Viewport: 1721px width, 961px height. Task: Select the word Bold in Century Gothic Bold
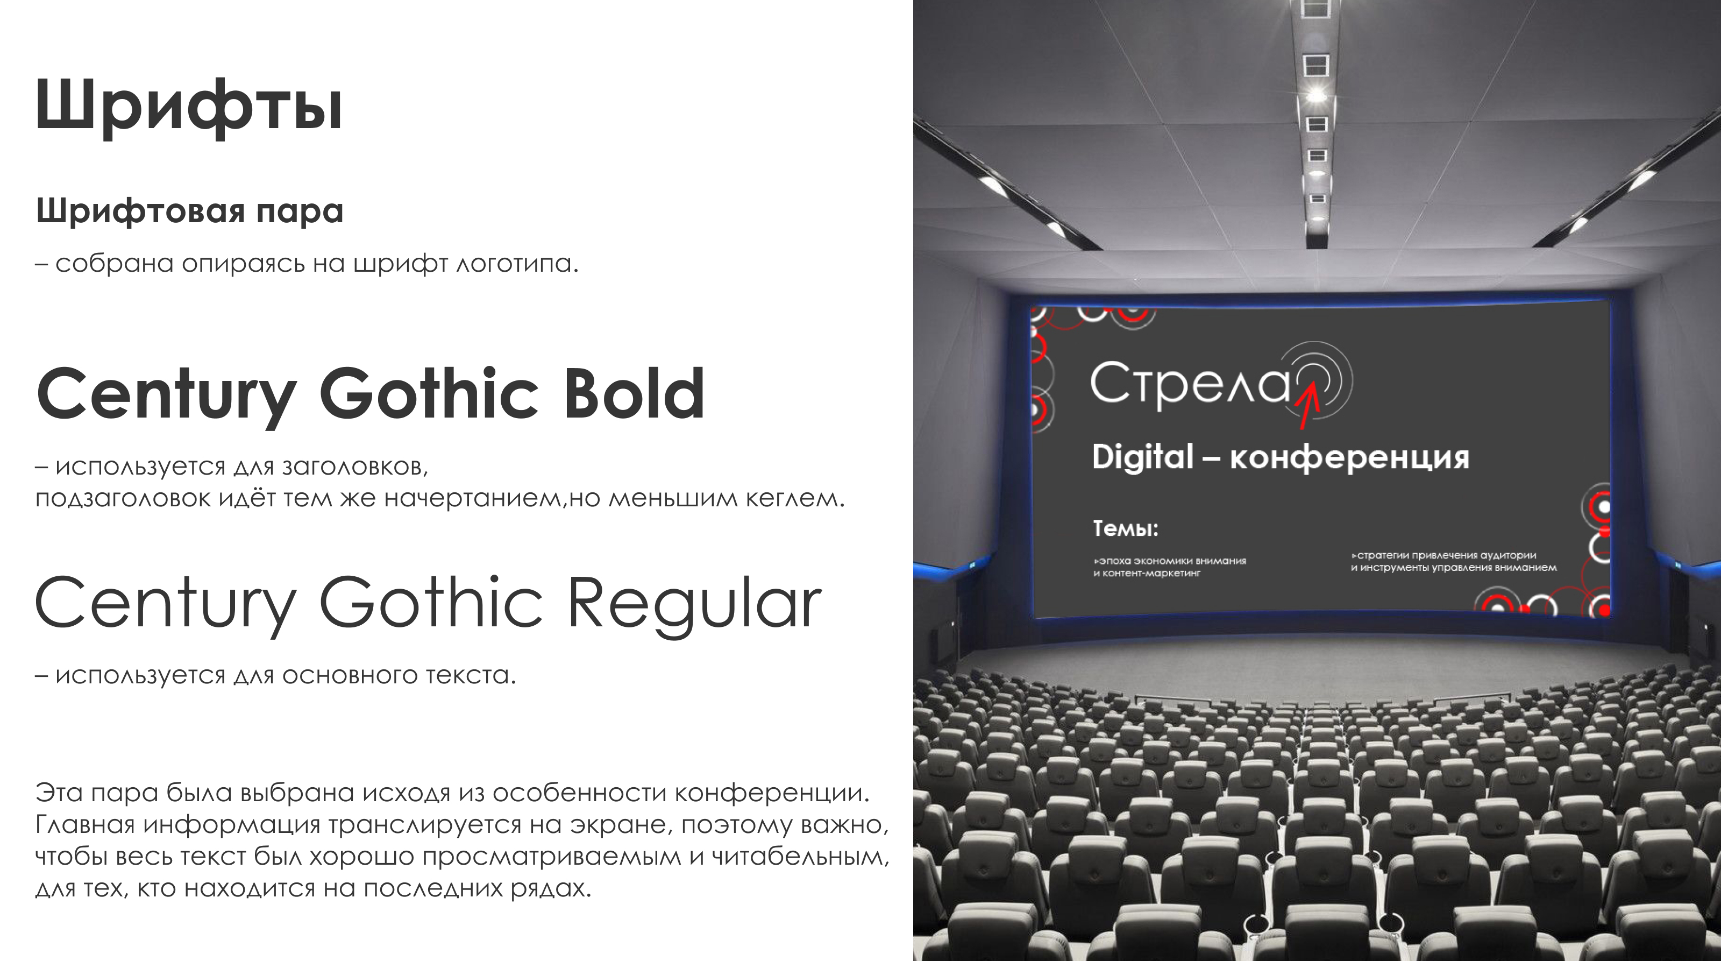click(x=635, y=394)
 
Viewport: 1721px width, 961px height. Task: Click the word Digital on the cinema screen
click(x=1142, y=457)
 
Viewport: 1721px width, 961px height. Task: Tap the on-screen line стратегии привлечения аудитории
click(x=1443, y=555)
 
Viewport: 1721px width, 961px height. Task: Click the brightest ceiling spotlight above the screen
click(x=1315, y=94)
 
